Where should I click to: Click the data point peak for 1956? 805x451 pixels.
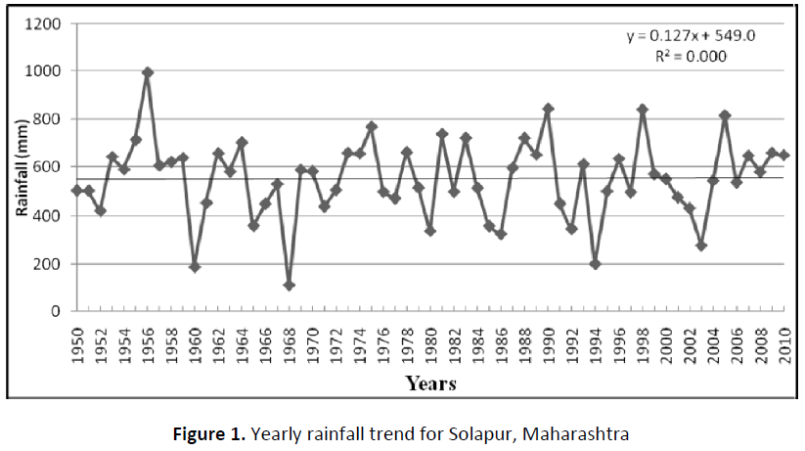pyautogui.click(x=148, y=72)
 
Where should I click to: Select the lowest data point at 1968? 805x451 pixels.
pyautogui.click(x=290, y=285)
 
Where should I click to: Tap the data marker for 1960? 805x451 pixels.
pyautogui.click(x=195, y=266)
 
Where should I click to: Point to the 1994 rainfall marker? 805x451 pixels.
pyautogui.click(x=595, y=263)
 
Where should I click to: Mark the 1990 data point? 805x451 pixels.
pyautogui.click(x=548, y=109)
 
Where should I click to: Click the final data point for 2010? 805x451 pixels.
pyautogui.click(x=783, y=156)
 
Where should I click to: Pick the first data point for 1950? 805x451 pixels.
pyautogui.click(x=77, y=191)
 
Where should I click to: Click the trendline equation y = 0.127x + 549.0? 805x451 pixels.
pyautogui.click(x=691, y=36)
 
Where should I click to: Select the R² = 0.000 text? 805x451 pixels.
pyautogui.click(x=691, y=56)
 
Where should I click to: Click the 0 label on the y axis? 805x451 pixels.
pyautogui.click(x=58, y=312)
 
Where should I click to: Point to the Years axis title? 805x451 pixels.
pyautogui.click(x=430, y=383)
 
